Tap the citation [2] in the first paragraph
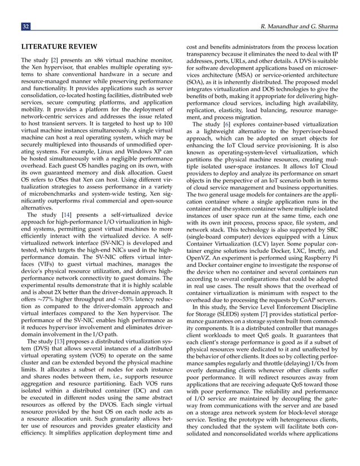click(x=54, y=60)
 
